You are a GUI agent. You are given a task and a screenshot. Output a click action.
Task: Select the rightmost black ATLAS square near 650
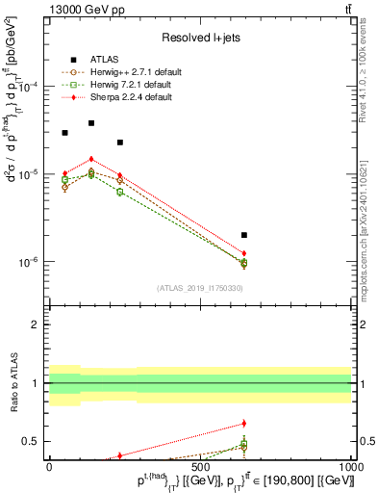coord(244,235)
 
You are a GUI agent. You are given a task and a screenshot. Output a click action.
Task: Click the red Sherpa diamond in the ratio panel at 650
coord(244,423)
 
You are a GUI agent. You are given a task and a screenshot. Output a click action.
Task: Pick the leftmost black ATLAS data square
coord(64,133)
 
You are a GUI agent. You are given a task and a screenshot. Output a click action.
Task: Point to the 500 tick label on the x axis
coord(199,465)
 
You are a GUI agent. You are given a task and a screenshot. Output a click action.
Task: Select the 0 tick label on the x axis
coord(50,465)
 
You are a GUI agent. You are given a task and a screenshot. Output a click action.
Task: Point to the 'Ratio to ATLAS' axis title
coord(12,385)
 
